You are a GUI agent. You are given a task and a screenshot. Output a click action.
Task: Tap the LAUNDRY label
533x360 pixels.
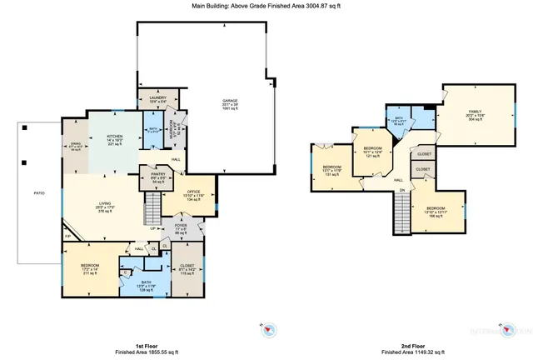[157, 98]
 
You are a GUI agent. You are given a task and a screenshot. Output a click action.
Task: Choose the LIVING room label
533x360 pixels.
[105, 202]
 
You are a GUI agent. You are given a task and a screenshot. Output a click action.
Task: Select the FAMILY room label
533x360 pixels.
[475, 111]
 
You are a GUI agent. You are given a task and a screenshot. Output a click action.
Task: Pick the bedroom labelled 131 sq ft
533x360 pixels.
[331, 167]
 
